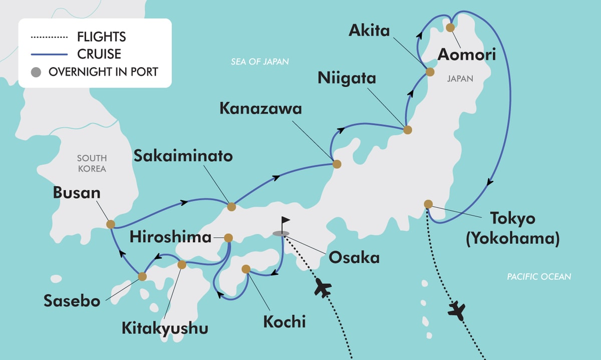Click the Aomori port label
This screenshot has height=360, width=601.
[x=467, y=54]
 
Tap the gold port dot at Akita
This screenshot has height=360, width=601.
[x=429, y=72]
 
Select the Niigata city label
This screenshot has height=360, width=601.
[x=346, y=78]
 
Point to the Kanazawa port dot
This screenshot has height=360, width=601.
[x=337, y=164]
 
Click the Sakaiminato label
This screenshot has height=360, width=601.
[x=183, y=156]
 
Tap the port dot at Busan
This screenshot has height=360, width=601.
[x=110, y=224]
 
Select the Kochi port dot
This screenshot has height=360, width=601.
[x=246, y=269]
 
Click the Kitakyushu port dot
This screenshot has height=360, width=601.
[x=182, y=264]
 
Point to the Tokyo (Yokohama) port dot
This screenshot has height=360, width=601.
[x=428, y=204]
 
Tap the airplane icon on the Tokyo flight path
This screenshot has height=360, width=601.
[x=457, y=310]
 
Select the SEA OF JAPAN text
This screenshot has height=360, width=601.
[x=260, y=62]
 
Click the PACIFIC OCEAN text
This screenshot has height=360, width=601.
[x=538, y=276]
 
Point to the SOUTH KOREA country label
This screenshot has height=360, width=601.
[x=92, y=164]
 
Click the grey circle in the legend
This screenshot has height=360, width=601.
[x=35, y=72]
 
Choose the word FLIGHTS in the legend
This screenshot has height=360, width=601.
[x=102, y=37]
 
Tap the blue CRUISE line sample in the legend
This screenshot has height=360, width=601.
[x=49, y=54]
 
